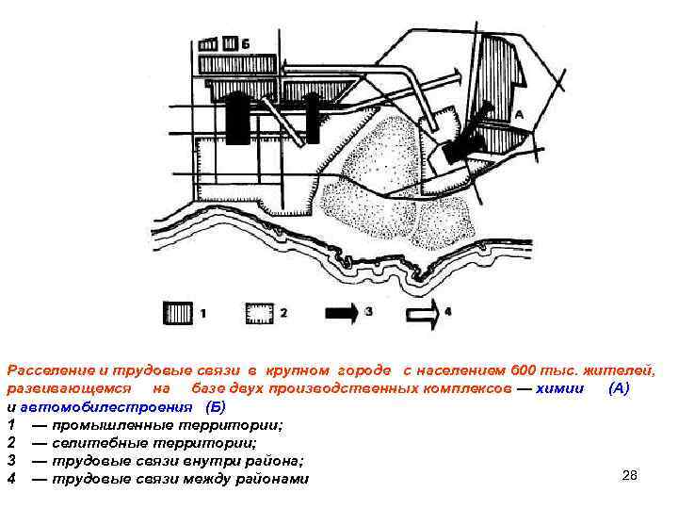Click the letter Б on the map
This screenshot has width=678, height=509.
click(245, 43)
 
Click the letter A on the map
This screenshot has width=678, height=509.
click(517, 113)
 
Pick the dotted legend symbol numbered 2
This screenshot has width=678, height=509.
click(259, 310)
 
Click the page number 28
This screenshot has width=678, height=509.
click(630, 475)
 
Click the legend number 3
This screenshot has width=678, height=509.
click(369, 310)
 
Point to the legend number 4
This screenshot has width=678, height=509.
click(449, 310)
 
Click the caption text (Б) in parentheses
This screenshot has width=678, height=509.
click(216, 407)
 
